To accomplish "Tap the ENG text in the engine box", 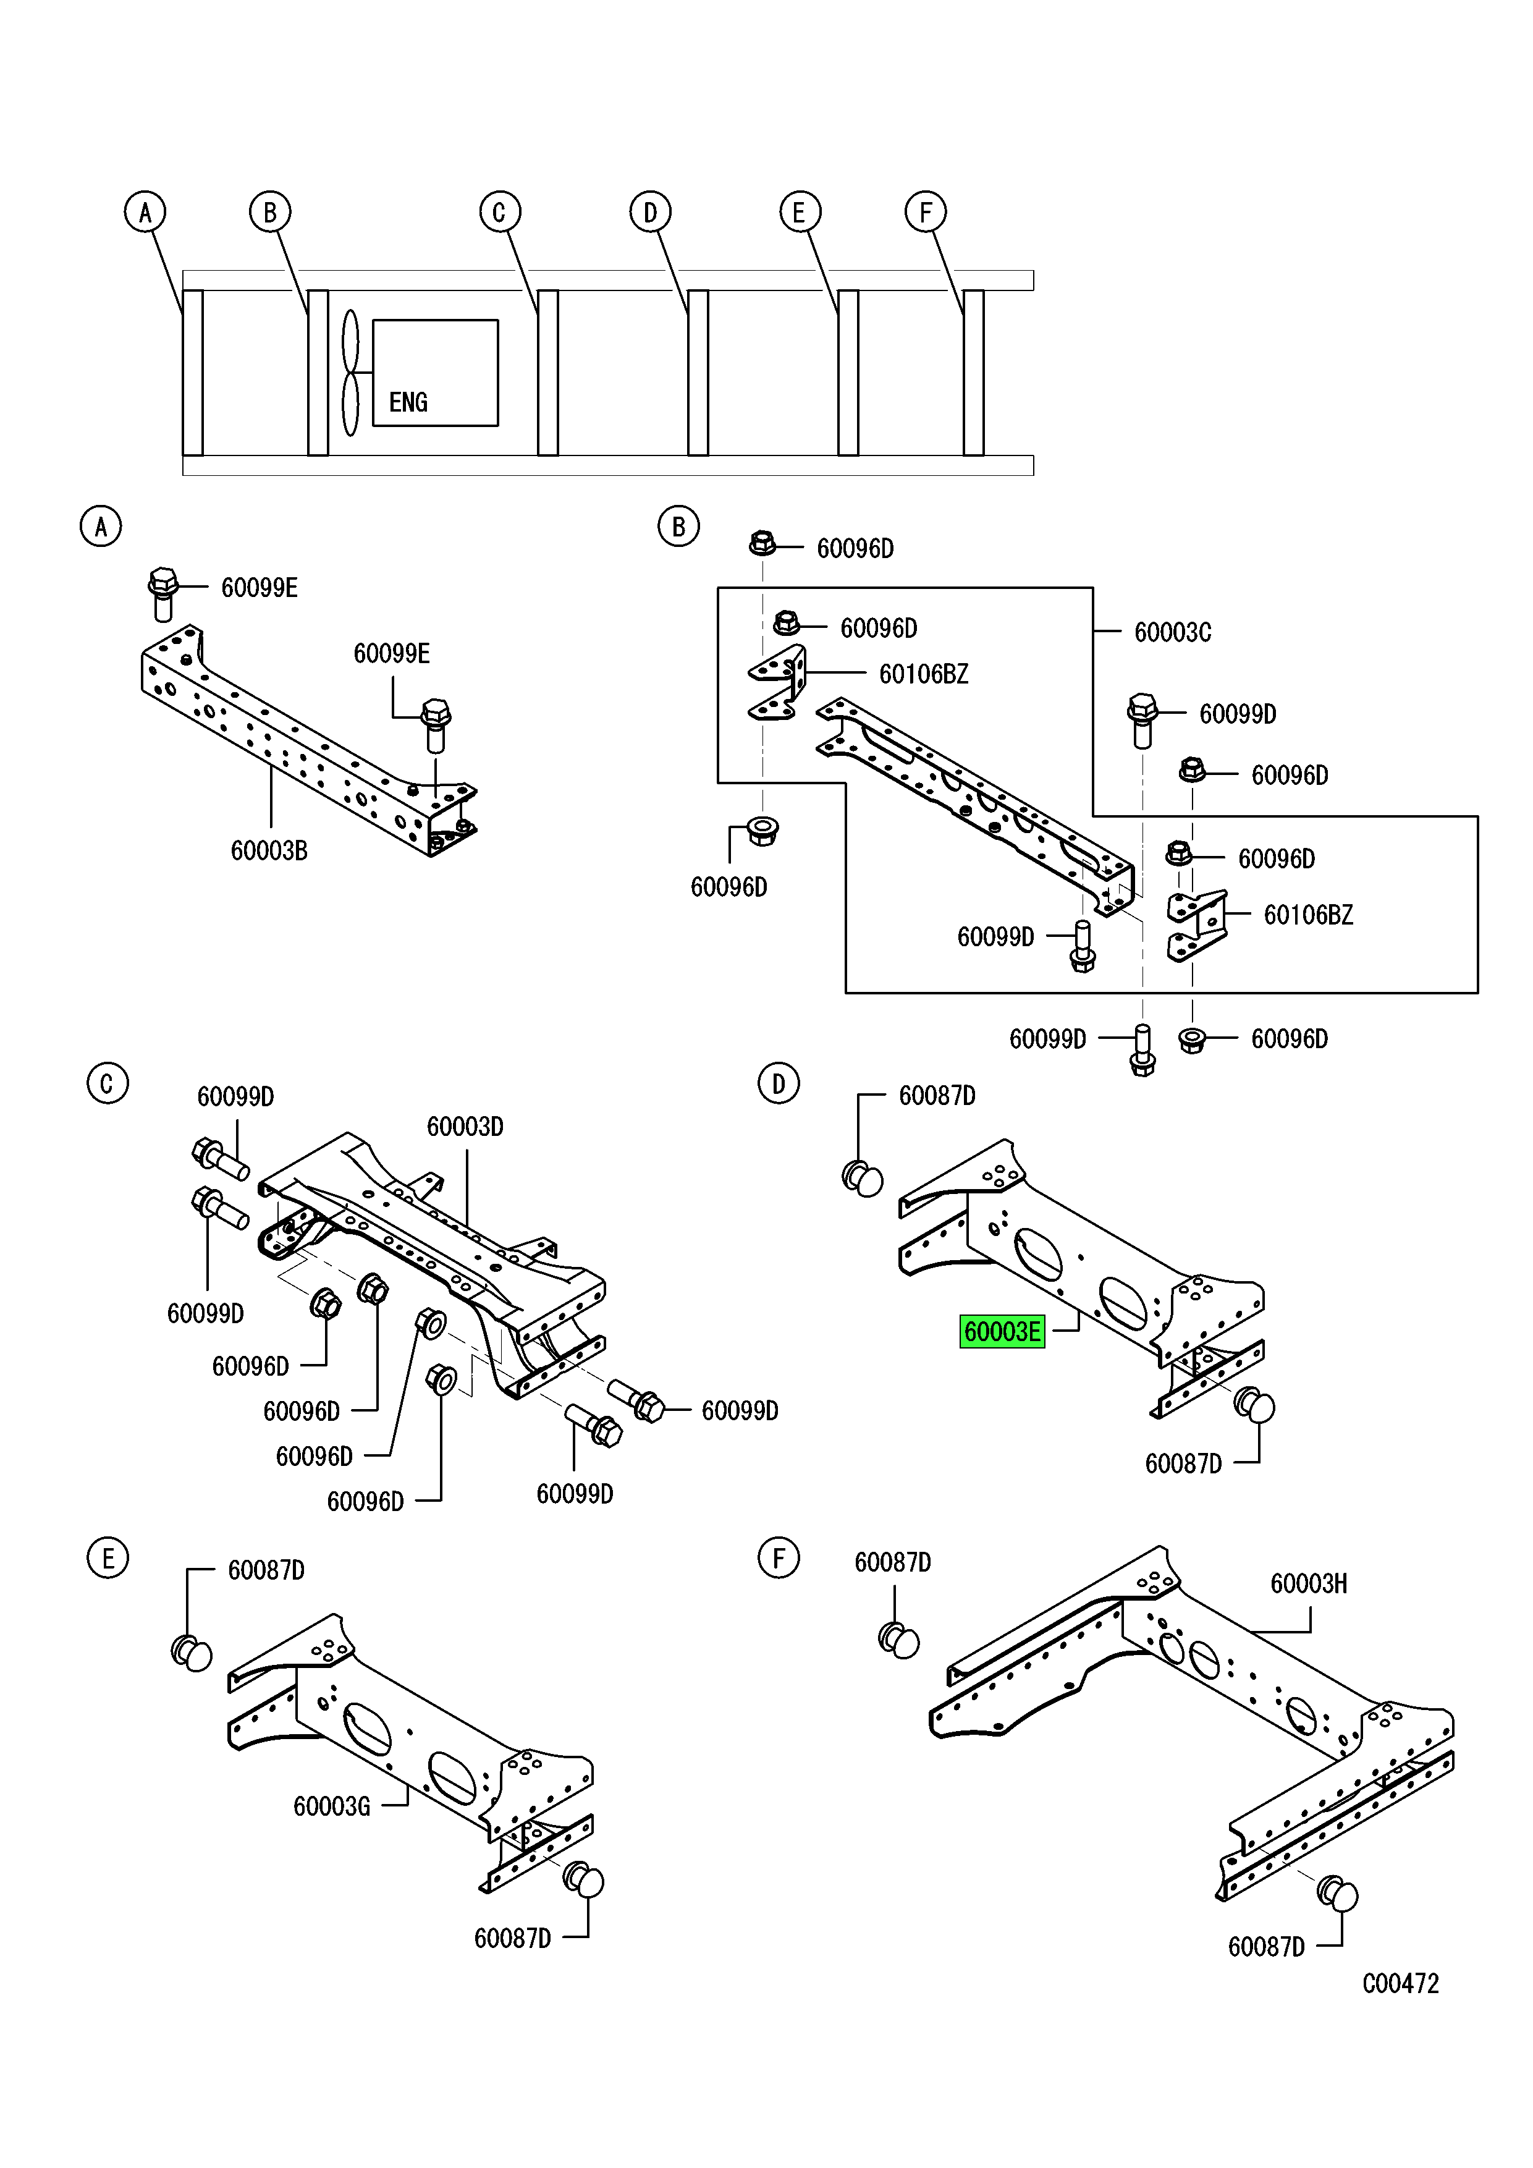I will coord(408,402).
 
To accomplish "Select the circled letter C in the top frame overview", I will coord(499,213).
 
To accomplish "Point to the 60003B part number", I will coord(269,851).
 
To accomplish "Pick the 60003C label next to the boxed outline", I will coord(1172,632).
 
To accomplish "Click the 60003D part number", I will coord(465,1127).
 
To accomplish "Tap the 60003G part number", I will coord(331,1806).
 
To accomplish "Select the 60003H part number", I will coord(1308,1583).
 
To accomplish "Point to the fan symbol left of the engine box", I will coord(350,373).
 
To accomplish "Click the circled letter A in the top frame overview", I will coord(145,213).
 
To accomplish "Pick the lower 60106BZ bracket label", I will coord(1307,914).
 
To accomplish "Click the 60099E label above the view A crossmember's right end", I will coord(392,653).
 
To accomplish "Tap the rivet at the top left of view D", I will coord(863,1179).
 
